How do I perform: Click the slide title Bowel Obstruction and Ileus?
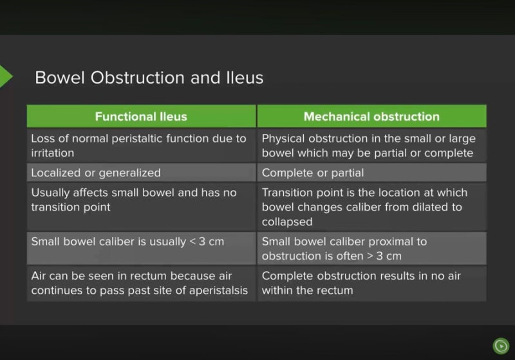[x=149, y=78]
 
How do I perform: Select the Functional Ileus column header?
[x=141, y=117]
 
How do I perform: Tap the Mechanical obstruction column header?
[x=371, y=117]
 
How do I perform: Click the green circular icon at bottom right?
[x=500, y=346]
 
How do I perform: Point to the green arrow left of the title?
[x=5, y=76]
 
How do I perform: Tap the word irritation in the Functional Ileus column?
[x=53, y=153]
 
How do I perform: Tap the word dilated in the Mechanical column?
[x=429, y=207]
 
